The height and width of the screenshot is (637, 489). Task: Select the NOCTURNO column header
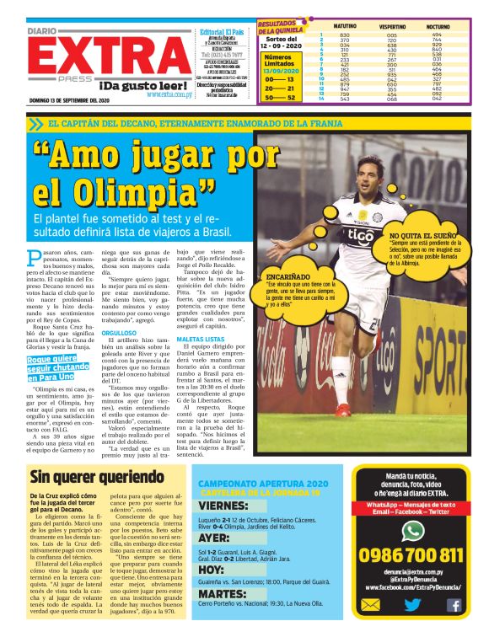tap(437, 27)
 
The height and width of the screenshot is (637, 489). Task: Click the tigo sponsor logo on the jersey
tap(359, 235)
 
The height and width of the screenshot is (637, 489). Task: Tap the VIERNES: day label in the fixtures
tap(224, 506)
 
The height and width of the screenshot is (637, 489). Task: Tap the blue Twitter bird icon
tap(412, 627)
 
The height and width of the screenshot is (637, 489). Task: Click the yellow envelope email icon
tap(370, 627)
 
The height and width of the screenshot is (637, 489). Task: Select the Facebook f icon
tap(454, 627)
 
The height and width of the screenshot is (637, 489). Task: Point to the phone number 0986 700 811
tap(411, 554)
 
